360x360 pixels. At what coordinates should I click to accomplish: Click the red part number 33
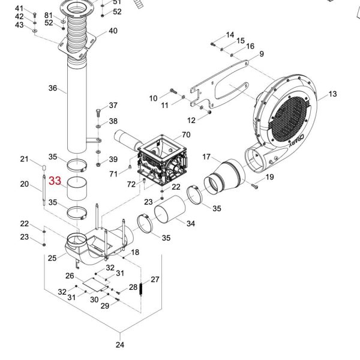[55, 181]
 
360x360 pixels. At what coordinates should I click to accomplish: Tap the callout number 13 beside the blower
[332, 94]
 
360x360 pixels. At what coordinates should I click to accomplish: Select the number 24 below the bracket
[120, 344]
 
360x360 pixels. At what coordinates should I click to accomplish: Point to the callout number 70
[186, 135]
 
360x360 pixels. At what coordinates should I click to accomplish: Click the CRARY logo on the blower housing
[296, 140]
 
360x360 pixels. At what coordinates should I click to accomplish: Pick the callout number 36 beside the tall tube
[53, 88]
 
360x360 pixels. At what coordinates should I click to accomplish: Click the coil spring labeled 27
[141, 289]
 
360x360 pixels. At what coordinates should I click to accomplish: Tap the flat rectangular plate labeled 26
[95, 284]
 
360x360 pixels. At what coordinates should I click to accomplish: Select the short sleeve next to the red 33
[77, 188]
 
